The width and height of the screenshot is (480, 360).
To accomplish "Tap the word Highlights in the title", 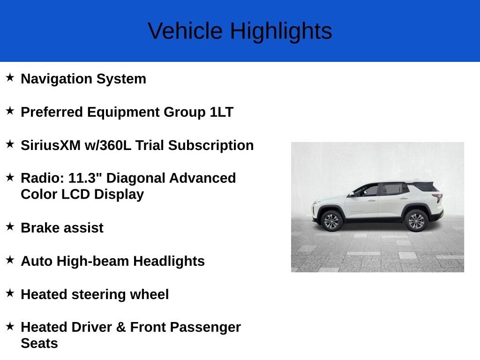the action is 281,31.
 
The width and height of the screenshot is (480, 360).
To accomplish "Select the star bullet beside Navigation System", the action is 10,77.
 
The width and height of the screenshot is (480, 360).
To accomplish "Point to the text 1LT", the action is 222,112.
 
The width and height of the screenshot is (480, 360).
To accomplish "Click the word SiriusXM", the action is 51,145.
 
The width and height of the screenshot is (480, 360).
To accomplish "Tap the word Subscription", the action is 211,146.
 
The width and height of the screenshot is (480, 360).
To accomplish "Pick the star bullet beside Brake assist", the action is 10,226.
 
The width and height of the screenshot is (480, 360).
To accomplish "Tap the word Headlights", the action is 169,261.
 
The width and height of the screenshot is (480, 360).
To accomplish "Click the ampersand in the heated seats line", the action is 121,327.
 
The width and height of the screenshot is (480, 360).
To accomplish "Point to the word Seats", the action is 39,344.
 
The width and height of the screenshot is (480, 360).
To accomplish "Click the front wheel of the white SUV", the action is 331,221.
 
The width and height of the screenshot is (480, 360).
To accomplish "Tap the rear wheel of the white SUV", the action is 416,221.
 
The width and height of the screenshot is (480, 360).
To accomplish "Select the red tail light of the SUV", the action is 438,197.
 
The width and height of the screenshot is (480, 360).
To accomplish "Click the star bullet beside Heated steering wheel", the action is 10,293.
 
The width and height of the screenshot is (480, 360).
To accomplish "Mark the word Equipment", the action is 123,112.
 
